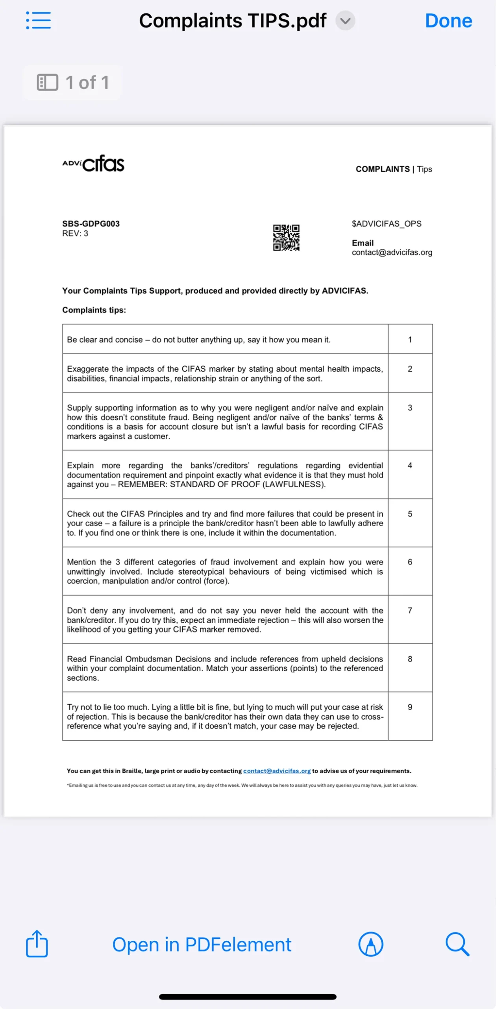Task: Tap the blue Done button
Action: pos(448,21)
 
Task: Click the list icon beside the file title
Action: pos(38,20)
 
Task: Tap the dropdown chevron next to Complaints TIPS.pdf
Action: pos(345,21)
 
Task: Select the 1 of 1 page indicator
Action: pos(73,83)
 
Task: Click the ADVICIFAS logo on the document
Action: pos(93,164)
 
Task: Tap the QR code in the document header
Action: pos(286,238)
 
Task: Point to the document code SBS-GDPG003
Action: pos(91,223)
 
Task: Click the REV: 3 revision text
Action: pos(75,233)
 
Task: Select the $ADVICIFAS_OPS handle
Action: pos(386,223)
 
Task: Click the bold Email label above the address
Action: pos(363,243)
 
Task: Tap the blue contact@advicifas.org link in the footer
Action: pos(277,771)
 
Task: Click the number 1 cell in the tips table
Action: pos(410,339)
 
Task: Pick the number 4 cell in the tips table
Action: pos(410,465)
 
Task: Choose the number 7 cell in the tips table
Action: pos(410,611)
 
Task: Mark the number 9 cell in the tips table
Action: pos(410,707)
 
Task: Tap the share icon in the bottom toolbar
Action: pos(37,944)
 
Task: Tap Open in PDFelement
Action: pos(202,945)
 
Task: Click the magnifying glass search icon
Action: pos(457,944)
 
